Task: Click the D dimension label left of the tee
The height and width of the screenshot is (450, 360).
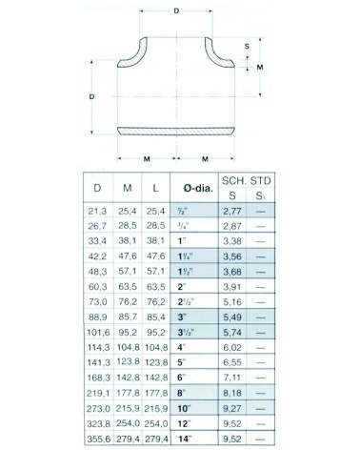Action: click(91, 97)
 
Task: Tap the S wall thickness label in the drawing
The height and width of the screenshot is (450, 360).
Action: click(247, 46)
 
